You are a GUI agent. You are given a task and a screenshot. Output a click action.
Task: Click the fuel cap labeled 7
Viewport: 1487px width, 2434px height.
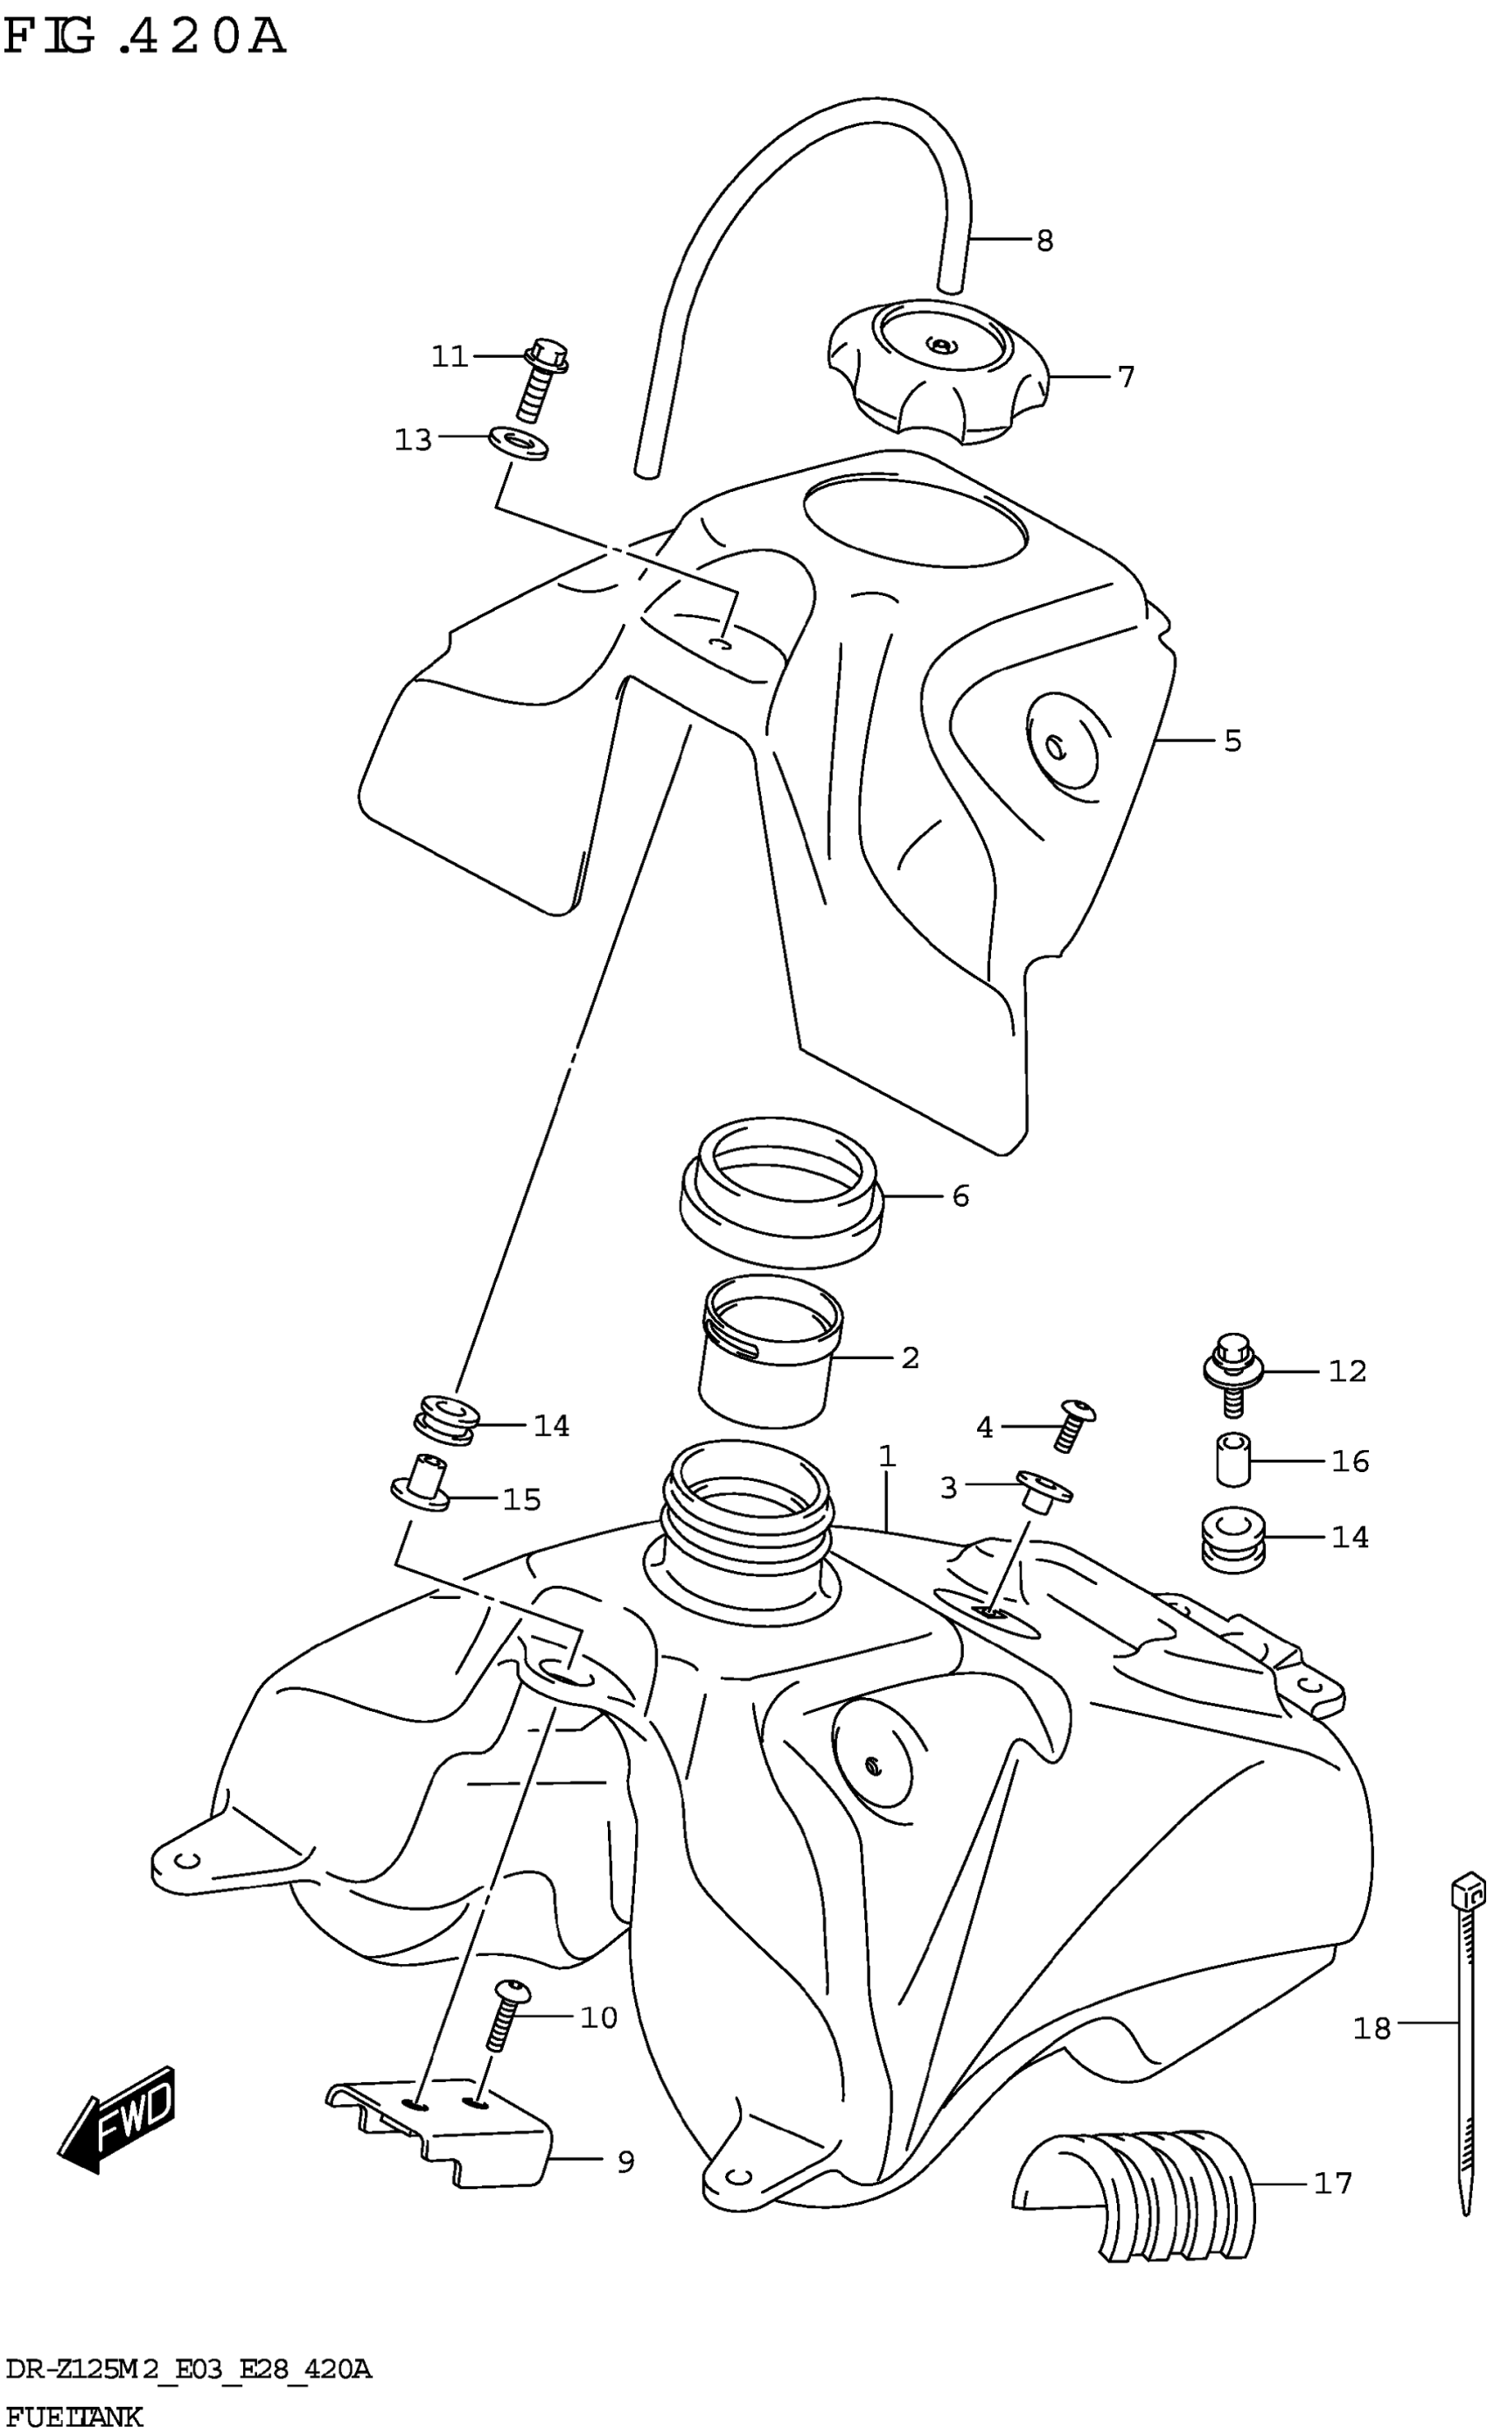[x=935, y=375]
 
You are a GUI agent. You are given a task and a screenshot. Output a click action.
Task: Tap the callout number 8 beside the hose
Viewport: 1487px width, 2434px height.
[x=1044, y=240]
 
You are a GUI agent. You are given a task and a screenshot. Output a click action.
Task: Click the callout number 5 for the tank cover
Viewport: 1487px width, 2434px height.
[x=1232, y=740]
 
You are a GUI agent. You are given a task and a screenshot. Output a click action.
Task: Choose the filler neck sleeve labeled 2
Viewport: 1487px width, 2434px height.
[x=768, y=1357]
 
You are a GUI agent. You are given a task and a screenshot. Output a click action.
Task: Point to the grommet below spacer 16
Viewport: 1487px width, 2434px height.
[x=1233, y=1538]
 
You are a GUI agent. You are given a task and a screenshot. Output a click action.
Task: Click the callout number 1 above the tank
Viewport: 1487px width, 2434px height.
[x=887, y=1456]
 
